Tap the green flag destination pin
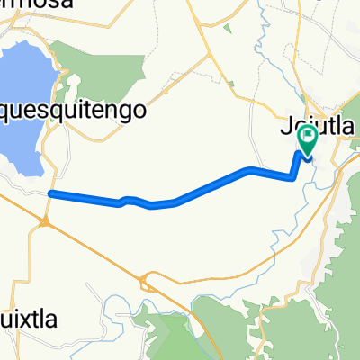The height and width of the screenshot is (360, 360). click(308, 139)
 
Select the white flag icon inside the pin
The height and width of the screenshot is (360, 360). click(308, 139)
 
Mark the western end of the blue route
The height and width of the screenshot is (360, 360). click(51, 193)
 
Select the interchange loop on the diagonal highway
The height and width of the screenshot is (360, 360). click(143, 283)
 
